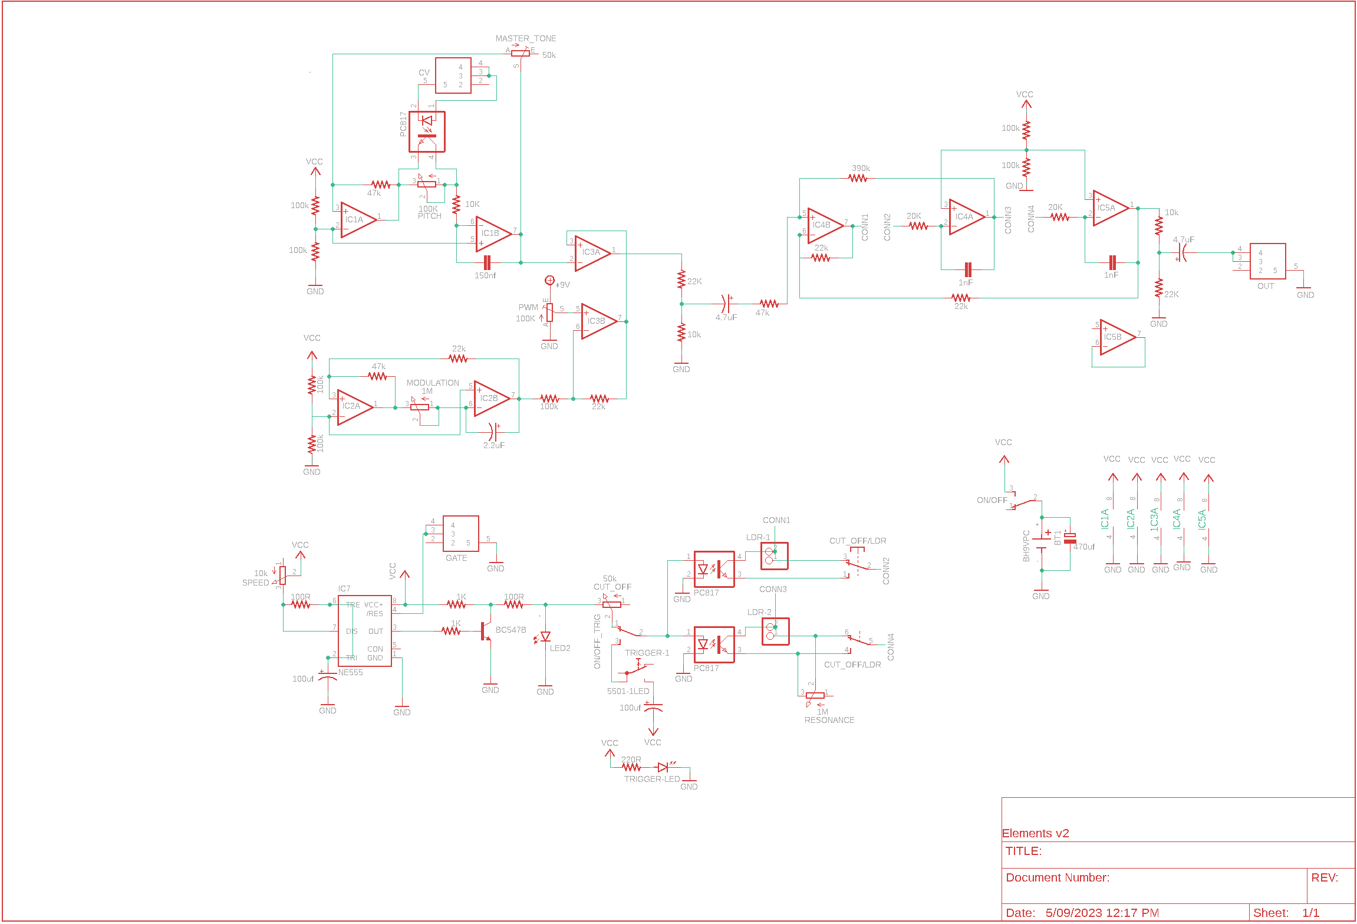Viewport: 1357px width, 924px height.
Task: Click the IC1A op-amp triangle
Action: [x=357, y=220]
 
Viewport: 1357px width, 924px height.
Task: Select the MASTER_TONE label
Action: [x=525, y=38]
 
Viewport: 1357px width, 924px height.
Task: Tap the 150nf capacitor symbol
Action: [x=487, y=262]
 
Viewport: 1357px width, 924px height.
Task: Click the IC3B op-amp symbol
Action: [x=598, y=321]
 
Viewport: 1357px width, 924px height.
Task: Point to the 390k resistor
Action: [x=858, y=177]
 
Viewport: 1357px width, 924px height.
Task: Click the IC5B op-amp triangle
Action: [x=1116, y=337]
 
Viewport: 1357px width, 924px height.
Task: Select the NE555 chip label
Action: [x=350, y=672]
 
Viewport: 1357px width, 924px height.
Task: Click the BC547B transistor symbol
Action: [x=486, y=631]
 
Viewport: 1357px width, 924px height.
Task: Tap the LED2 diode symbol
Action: [x=545, y=637]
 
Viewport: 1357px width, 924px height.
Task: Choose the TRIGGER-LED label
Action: [x=651, y=779]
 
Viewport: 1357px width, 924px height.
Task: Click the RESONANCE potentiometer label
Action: [x=829, y=720]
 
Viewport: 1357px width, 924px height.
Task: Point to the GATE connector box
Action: [x=460, y=534]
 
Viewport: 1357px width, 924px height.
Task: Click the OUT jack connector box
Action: [x=1267, y=261]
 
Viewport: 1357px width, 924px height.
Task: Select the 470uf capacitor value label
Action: [x=1083, y=547]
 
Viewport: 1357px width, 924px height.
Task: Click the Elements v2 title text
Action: [x=1035, y=833]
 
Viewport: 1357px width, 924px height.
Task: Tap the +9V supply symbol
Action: [x=549, y=281]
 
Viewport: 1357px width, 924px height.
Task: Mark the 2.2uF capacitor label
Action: [x=493, y=445]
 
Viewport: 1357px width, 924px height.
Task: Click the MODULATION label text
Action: [x=432, y=383]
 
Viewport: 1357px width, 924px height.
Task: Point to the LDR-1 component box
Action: [x=774, y=556]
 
